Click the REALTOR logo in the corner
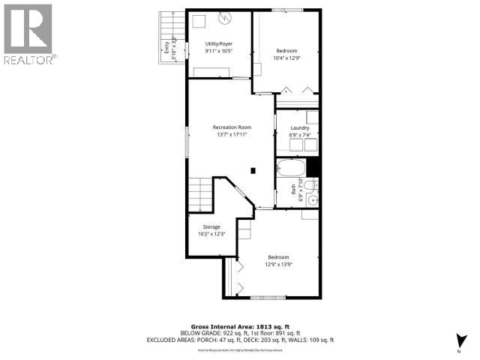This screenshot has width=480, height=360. point(28,34)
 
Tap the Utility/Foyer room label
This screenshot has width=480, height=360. point(218,44)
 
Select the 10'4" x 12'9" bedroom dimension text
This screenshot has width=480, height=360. point(285,58)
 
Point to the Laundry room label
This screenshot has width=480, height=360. point(299,128)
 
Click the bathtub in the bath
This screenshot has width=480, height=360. point(291,167)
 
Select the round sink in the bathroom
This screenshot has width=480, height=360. point(315,184)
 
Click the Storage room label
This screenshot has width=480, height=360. point(211,226)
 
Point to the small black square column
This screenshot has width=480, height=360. point(253,170)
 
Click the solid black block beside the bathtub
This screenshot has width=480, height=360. point(313,167)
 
